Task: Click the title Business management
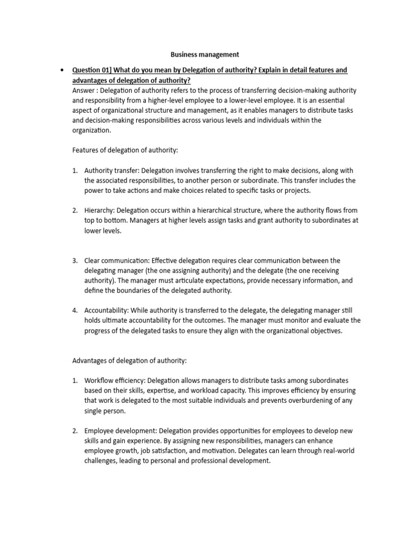pyautogui.click(x=204, y=54)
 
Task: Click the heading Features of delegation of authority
pyautogui.click(x=124, y=151)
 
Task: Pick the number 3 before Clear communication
pyautogui.click(x=75, y=261)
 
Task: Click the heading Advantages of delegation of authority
pyautogui.click(x=129, y=361)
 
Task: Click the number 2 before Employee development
pyautogui.click(x=75, y=431)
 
